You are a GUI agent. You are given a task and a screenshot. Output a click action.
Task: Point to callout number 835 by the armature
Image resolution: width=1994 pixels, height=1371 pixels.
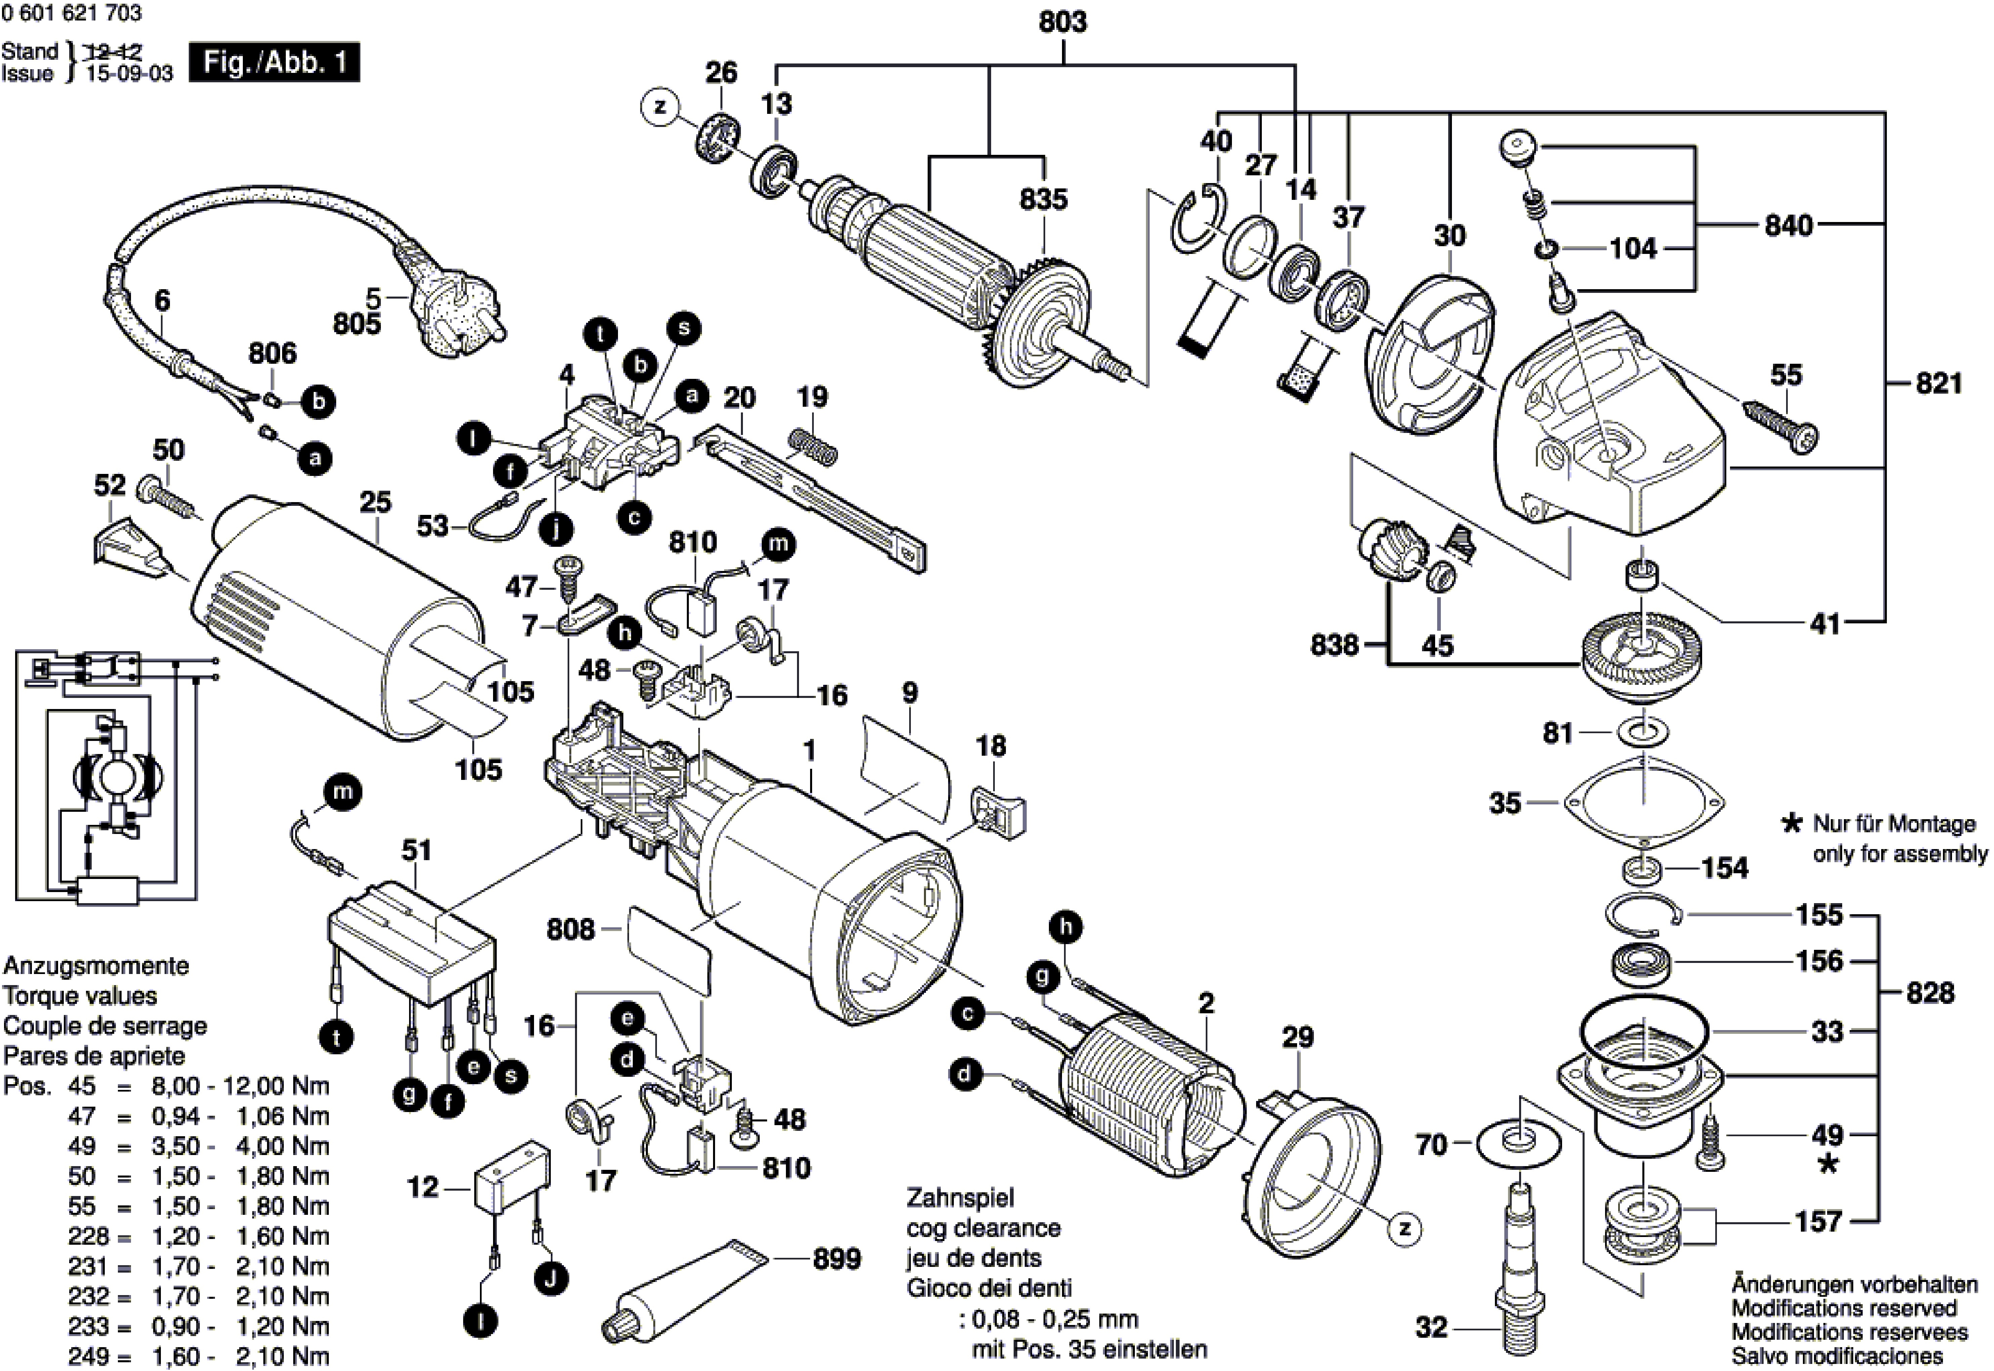pos(1044,199)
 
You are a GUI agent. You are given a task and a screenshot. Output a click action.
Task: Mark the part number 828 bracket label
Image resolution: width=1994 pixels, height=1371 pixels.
pos(1930,993)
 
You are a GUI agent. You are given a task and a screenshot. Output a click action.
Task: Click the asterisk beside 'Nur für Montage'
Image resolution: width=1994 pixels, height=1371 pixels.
pos(1790,825)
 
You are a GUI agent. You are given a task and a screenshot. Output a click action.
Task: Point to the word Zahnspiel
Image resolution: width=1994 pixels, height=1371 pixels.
pos(960,1197)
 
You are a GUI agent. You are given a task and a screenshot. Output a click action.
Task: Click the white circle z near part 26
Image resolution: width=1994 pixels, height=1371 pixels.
pos(660,107)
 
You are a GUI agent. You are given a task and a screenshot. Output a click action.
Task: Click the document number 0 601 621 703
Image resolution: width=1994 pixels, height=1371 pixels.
pos(72,13)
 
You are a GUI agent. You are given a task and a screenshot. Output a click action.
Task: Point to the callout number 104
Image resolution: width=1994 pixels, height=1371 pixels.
pos(1633,249)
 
